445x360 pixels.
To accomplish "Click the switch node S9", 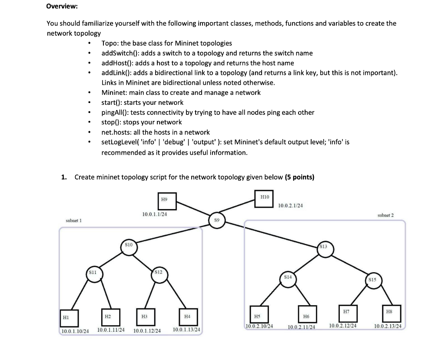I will click(x=216, y=220).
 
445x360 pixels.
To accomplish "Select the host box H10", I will click(x=265, y=199).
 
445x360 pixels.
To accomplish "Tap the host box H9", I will click(x=164, y=201).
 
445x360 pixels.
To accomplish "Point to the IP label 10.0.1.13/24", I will click(x=186, y=330).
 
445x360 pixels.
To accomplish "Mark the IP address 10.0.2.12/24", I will click(x=343, y=326).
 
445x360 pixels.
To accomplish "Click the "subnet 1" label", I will click(x=74, y=220).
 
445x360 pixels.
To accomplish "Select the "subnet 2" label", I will click(x=385, y=215).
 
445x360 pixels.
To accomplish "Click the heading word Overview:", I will click(x=62, y=7).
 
